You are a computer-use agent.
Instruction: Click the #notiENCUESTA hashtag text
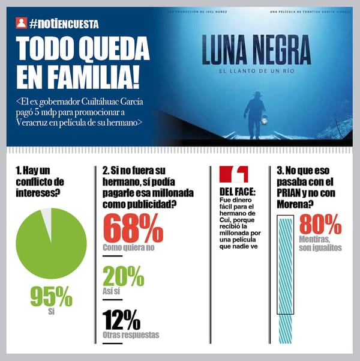point(63,24)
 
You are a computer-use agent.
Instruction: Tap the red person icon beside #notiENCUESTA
point(21,24)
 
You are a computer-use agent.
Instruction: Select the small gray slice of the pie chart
point(46,216)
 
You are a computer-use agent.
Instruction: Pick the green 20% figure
point(123,276)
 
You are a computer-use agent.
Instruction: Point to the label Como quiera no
point(128,247)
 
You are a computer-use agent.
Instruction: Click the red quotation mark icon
point(233,174)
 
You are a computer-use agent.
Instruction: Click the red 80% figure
point(320,225)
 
